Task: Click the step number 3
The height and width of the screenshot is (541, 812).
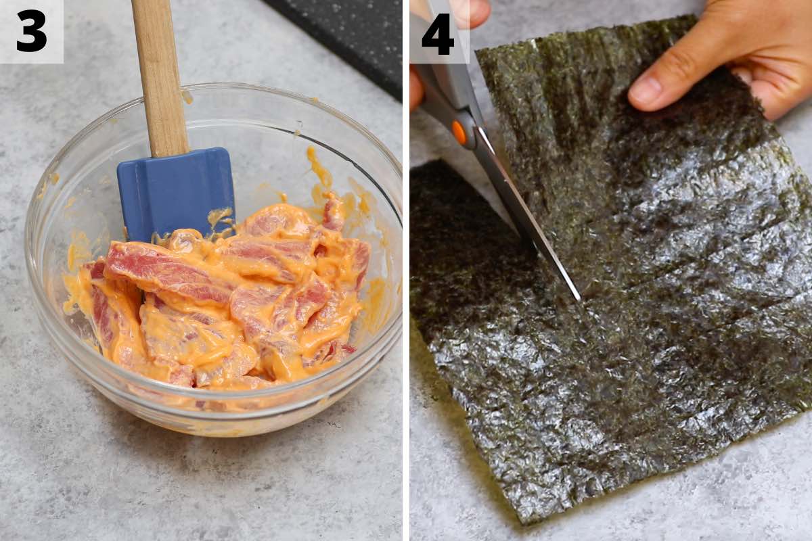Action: [31, 30]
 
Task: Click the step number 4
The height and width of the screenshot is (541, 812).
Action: [438, 34]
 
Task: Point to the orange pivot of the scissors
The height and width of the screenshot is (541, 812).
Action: [460, 133]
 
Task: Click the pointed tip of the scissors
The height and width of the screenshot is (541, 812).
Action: [578, 298]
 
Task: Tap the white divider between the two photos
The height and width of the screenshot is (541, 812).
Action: [406, 270]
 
